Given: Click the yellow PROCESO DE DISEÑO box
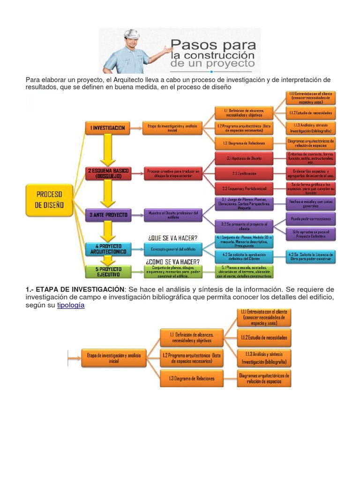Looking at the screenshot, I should (x=49, y=199).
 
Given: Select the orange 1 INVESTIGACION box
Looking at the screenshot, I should (x=107, y=127).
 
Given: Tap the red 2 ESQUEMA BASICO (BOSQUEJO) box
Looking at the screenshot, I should (x=108, y=173).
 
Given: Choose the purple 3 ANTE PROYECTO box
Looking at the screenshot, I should (x=108, y=215).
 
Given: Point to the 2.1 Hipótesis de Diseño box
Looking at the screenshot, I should (x=244, y=158).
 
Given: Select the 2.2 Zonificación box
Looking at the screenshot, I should (x=244, y=173).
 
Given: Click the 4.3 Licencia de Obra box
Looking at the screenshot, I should (x=310, y=256).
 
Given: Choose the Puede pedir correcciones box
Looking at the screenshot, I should (x=311, y=219).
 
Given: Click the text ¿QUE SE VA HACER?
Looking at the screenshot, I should (x=172, y=237).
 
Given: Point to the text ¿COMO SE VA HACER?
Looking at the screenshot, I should (x=172, y=262).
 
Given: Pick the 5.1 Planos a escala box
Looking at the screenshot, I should (x=244, y=271).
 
